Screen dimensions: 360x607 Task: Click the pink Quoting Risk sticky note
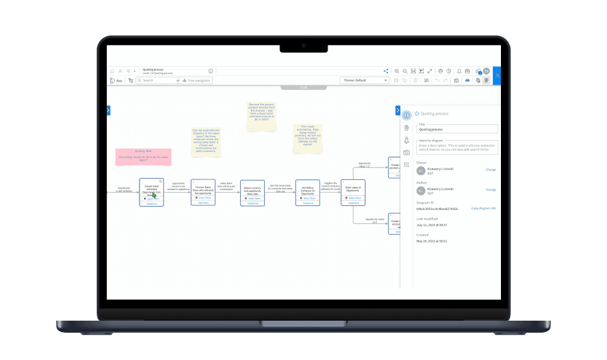(x=143, y=157)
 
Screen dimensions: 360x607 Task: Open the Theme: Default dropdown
(x=364, y=80)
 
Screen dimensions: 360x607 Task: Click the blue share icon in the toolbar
(x=386, y=71)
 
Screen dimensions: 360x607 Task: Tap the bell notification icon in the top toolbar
(x=459, y=71)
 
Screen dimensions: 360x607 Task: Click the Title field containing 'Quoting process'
(x=458, y=129)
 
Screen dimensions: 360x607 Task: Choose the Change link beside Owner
(x=490, y=169)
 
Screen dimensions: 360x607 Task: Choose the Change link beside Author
(x=490, y=189)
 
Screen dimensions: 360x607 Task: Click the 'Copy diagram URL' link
(x=484, y=209)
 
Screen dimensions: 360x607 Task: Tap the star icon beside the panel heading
(x=417, y=114)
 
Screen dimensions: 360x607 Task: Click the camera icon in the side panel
(x=406, y=152)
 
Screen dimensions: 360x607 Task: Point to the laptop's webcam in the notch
(x=303, y=47)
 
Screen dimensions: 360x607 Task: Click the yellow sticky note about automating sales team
(x=205, y=142)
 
